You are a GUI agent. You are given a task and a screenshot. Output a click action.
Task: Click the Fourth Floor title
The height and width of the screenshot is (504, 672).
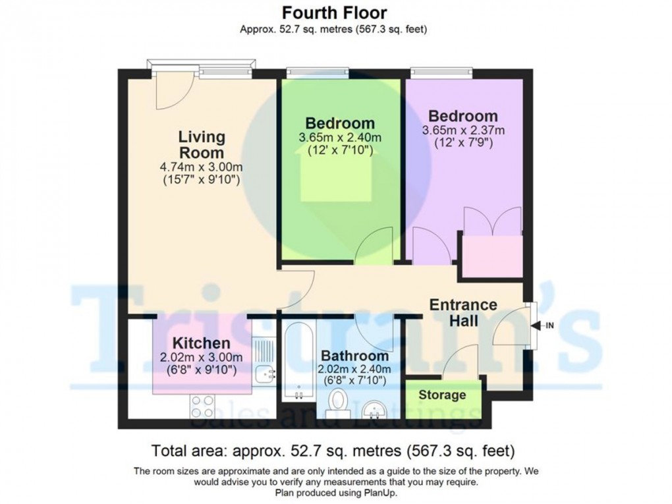(334, 13)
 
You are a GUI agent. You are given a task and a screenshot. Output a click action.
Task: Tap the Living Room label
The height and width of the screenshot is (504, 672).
(202, 145)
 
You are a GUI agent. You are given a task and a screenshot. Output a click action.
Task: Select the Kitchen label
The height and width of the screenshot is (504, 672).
(202, 343)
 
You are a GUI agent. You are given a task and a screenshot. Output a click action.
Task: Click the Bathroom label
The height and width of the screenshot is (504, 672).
(353, 356)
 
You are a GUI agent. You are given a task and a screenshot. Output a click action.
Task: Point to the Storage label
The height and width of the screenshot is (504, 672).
(443, 395)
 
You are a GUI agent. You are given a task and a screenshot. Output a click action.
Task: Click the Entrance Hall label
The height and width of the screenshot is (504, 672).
(463, 313)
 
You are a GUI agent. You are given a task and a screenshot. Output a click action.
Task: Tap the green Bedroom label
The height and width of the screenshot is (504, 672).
(340, 123)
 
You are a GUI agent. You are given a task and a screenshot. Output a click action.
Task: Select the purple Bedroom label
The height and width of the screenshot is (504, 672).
(460, 117)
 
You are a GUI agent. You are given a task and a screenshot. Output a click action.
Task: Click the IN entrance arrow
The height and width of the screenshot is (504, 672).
(544, 325)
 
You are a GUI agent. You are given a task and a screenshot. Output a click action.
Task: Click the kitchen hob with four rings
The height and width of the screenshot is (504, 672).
(201, 404)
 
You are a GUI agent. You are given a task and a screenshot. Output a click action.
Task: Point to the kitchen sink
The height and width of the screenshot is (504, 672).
(267, 374)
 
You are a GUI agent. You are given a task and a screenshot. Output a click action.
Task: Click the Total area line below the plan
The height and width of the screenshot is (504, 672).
(333, 452)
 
